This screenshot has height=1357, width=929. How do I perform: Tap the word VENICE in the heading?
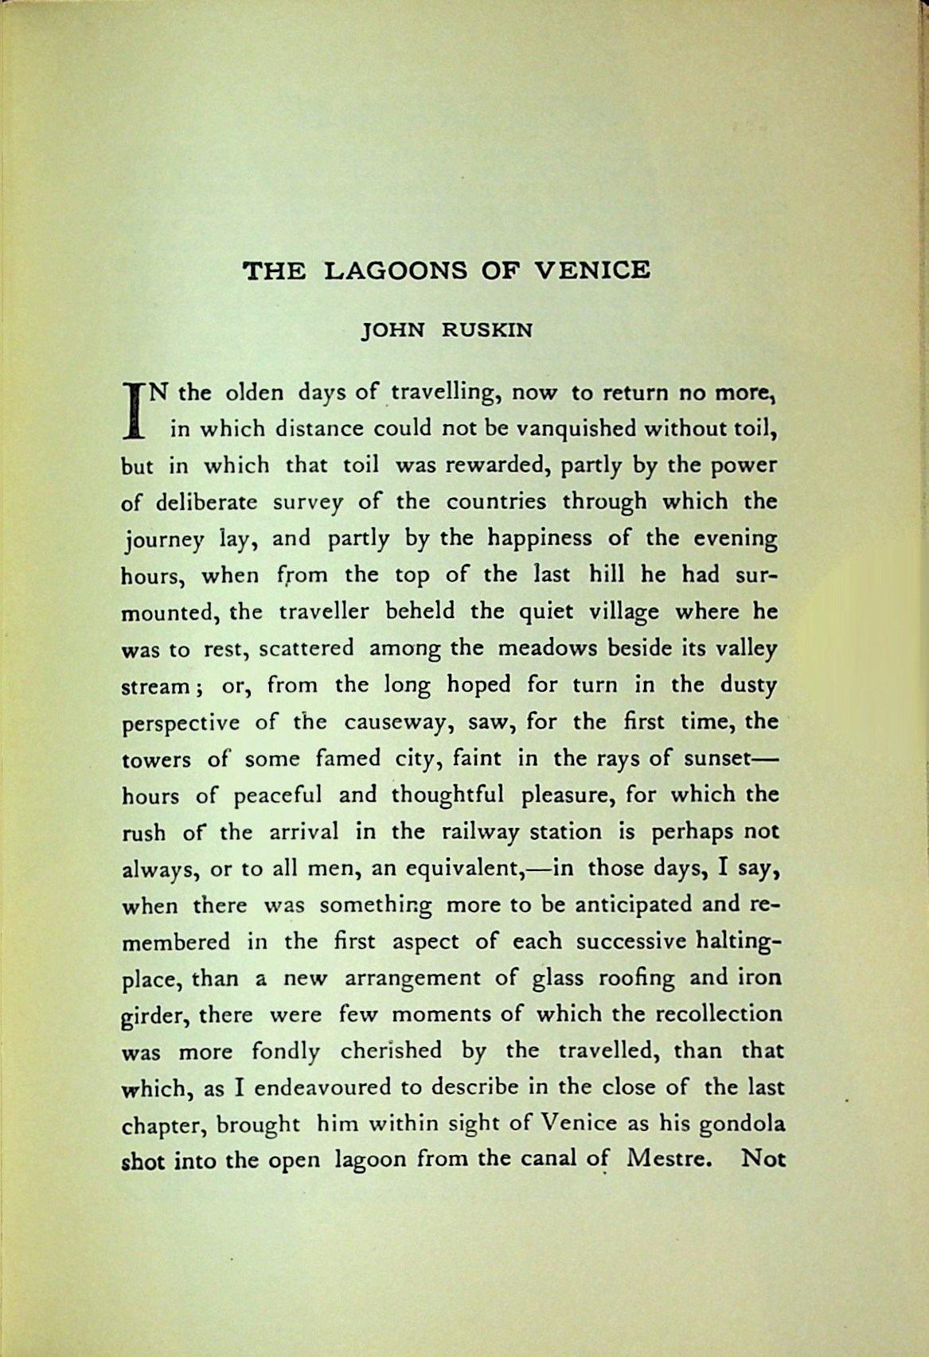[590, 270]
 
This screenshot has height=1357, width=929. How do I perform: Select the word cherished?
[391, 1052]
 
